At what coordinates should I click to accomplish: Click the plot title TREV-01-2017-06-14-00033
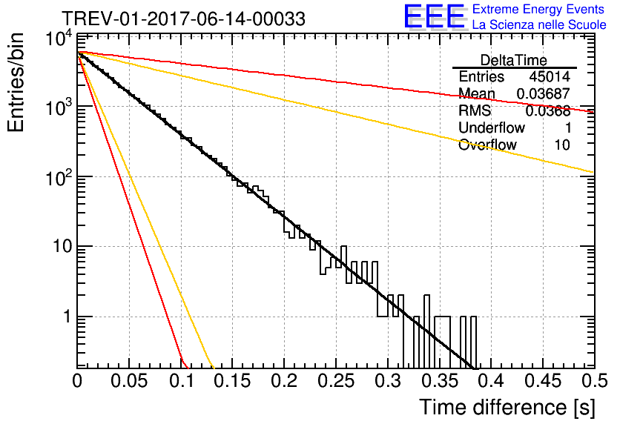point(183,19)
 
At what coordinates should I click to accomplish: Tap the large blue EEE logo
point(435,16)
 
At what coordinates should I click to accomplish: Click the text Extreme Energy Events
point(538,9)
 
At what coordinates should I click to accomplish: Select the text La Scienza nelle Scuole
point(539,25)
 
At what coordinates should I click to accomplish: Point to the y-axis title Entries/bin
point(16,82)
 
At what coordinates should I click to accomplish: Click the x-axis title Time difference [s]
point(507,408)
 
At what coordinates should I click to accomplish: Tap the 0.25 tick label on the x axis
point(337,381)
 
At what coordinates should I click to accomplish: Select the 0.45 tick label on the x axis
point(543,381)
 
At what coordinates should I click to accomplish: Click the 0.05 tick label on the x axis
point(129,381)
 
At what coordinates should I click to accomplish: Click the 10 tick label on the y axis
point(62,247)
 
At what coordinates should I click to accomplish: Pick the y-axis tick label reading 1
point(67,317)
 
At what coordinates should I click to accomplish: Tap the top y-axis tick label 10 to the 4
point(59,39)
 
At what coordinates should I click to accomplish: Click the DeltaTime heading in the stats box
point(514,60)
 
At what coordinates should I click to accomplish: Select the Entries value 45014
point(550,76)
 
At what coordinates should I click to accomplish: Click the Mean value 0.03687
point(544,93)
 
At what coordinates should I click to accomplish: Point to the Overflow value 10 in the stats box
point(562,145)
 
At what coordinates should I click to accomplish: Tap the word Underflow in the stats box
point(492,128)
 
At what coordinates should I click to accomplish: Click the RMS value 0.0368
point(547,111)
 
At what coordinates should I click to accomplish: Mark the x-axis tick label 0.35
point(440,381)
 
